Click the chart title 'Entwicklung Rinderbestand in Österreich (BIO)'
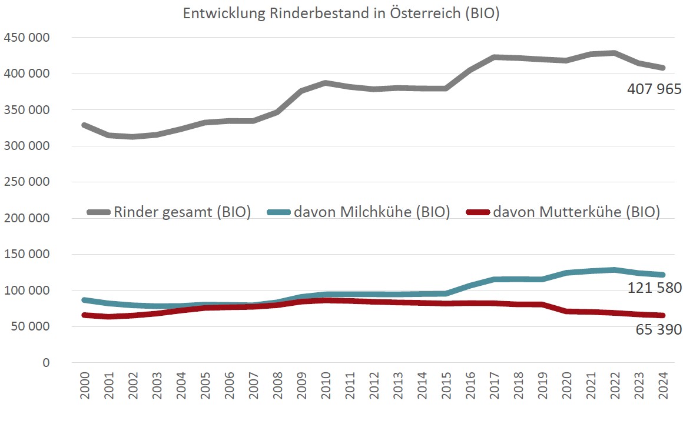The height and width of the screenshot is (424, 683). point(341,14)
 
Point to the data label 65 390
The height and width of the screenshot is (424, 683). point(658,329)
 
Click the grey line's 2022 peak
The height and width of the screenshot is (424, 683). point(614,53)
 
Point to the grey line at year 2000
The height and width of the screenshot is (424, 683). point(84,125)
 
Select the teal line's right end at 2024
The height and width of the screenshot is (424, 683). point(662,275)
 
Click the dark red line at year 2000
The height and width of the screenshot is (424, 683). point(84,315)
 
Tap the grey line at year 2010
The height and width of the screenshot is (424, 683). point(325,83)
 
